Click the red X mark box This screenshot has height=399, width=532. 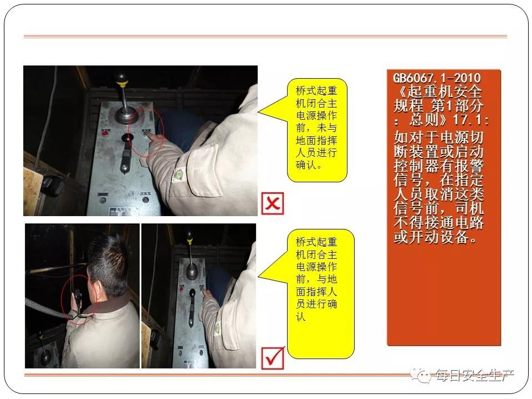click(x=273, y=203)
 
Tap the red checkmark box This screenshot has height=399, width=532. click(x=273, y=358)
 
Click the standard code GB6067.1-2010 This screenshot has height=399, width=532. click(x=437, y=78)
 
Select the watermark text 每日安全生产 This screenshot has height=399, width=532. click(x=474, y=376)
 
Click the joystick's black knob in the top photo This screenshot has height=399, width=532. click(x=121, y=79)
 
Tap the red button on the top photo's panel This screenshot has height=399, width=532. click(x=105, y=134)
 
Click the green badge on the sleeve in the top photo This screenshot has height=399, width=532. click(x=178, y=175)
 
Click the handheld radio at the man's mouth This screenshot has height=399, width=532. click(x=78, y=298)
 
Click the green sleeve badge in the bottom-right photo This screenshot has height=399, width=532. click(x=217, y=329)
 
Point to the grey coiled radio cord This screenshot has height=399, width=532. click(x=48, y=309)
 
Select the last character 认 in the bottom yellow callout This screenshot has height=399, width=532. click(x=301, y=316)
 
